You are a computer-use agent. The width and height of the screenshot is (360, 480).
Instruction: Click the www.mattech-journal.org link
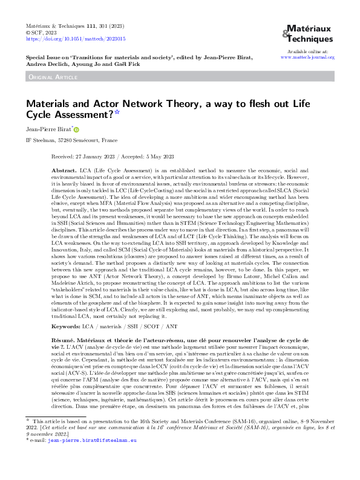(308, 57)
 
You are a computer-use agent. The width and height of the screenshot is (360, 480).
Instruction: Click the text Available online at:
(308, 51)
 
